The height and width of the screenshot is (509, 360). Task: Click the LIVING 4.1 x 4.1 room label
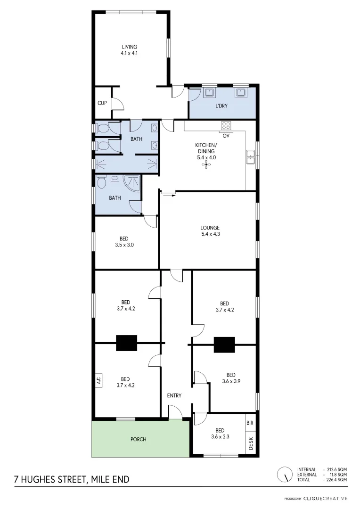click(x=129, y=50)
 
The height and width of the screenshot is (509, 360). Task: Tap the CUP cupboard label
click(x=102, y=103)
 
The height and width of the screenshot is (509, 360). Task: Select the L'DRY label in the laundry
click(x=221, y=106)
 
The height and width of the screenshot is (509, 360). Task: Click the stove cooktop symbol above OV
click(x=226, y=126)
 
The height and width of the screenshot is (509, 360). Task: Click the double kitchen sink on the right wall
click(x=250, y=156)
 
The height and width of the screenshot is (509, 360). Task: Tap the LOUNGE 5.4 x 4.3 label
click(x=210, y=231)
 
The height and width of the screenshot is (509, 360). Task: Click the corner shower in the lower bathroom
click(x=132, y=182)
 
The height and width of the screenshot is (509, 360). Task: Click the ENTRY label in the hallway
click(x=174, y=395)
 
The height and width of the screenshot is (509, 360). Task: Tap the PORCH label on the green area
click(x=138, y=439)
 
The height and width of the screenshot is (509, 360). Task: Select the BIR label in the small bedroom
click(x=250, y=423)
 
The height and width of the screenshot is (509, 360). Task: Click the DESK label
click(x=250, y=443)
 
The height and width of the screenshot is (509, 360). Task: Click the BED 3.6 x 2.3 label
click(x=220, y=434)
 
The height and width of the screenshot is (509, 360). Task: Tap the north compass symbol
click(x=284, y=474)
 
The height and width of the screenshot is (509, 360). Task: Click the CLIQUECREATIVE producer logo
click(x=325, y=498)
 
